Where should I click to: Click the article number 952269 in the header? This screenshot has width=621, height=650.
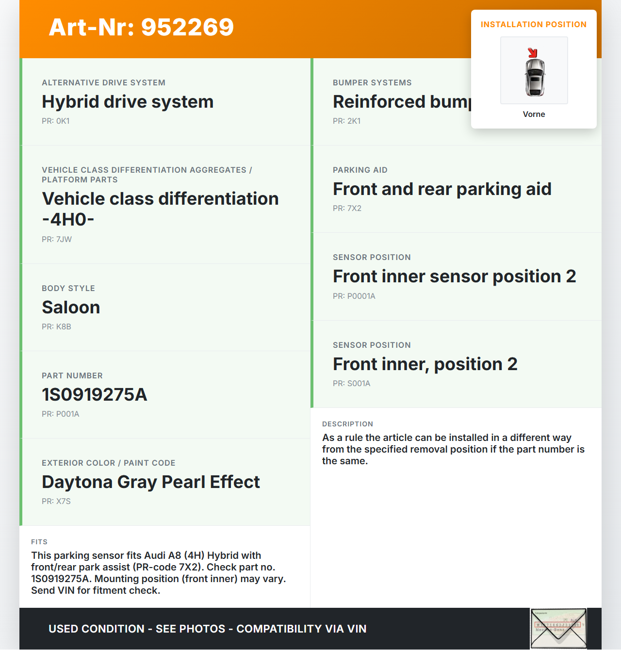click(x=141, y=27)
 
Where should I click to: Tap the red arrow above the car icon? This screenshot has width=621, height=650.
click(x=533, y=52)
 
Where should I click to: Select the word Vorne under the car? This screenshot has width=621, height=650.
click(x=534, y=114)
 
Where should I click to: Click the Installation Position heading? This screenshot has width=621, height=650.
click(x=533, y=25)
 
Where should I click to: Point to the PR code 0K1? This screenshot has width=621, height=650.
click(x=56, y=121)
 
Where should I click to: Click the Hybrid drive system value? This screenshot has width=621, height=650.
click(x=128, y=102)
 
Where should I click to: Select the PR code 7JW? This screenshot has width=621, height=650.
click(x=57, y=240)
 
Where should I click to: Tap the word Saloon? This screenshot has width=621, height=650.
click(x=71, y=308)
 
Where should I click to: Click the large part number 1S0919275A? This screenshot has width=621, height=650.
click(x=95, y=395)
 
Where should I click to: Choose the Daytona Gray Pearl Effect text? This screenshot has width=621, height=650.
click(x=151, y=482)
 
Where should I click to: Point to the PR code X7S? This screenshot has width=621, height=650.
click(x=56, y=502)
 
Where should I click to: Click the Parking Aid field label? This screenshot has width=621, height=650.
click(x=360, y=170)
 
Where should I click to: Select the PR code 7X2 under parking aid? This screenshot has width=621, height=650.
click(x=347, y=209)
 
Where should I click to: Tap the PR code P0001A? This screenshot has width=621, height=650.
click(x=354, y=296)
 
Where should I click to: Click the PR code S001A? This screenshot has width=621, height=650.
click(x=352, y=384)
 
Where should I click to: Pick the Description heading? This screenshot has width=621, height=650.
click(x=347, y=424)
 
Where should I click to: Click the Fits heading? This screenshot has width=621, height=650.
click(x=39, y=542)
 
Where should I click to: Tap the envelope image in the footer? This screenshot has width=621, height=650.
click(x=558, y=629)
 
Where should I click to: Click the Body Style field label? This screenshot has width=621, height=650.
click(x=68, y=289)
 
